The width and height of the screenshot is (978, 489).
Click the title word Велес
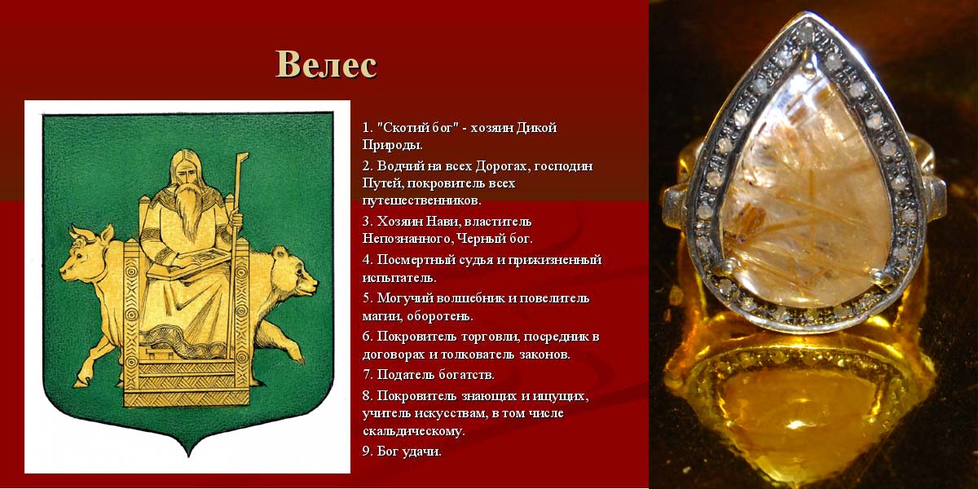coord(326,64)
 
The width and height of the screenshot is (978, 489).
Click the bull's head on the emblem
coord(83,255)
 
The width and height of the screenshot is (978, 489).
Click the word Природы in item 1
coord(392,145)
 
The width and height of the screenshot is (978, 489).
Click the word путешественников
coord(422,200)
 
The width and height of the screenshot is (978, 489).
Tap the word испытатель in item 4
coord(399,278)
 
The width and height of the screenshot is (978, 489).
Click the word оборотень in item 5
coord(439,315)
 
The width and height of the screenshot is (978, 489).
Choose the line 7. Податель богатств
coord(429,375)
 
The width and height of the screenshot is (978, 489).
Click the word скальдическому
coord(413,431)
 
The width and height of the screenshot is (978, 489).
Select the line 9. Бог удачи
coord(402,452)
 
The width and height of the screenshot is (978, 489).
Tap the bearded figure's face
coord(187,174)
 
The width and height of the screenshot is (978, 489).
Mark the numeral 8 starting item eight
coord(366,396)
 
